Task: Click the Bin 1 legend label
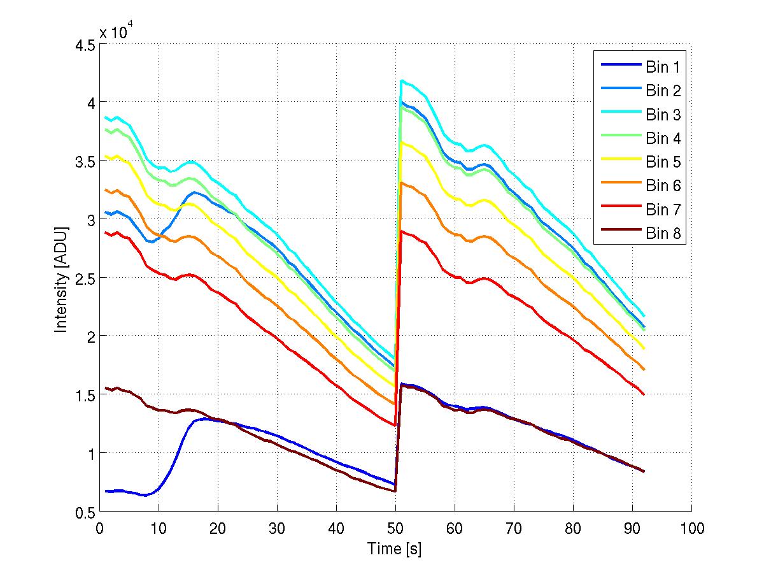point(663,67)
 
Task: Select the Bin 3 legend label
point(663,115)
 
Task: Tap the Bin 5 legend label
point(663,162)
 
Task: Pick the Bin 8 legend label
point(663,234)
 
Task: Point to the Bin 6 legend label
point(663,186)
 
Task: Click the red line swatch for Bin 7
point(619,210)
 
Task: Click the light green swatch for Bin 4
point(619,139)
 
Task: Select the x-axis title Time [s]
point(395,549)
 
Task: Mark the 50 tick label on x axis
point(395,528)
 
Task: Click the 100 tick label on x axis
point(691,528)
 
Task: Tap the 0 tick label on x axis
point(99,528)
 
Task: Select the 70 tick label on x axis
point(514,528)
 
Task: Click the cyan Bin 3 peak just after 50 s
point(402,80)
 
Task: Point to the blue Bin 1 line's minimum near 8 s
point(146,495)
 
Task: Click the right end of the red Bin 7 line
point(644,394)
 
